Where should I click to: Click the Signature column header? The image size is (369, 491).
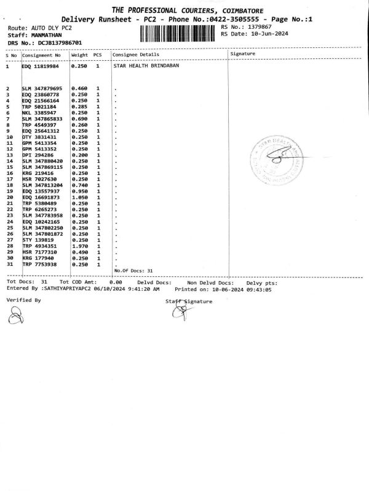(x=243, y=54)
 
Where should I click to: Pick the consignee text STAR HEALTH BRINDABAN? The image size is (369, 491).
(x=146, y=66)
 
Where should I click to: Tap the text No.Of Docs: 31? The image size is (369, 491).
(x=133, y=270)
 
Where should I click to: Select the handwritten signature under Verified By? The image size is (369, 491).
(x=15, y=315)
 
